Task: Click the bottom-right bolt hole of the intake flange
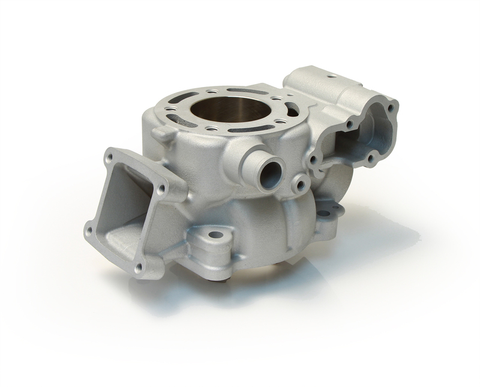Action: [x=139, y=268]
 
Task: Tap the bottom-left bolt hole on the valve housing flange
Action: [x=310, y=160]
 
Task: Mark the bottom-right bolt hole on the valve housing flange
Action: [x=370, y=158]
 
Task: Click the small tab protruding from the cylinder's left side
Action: [x=157, y=132]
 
